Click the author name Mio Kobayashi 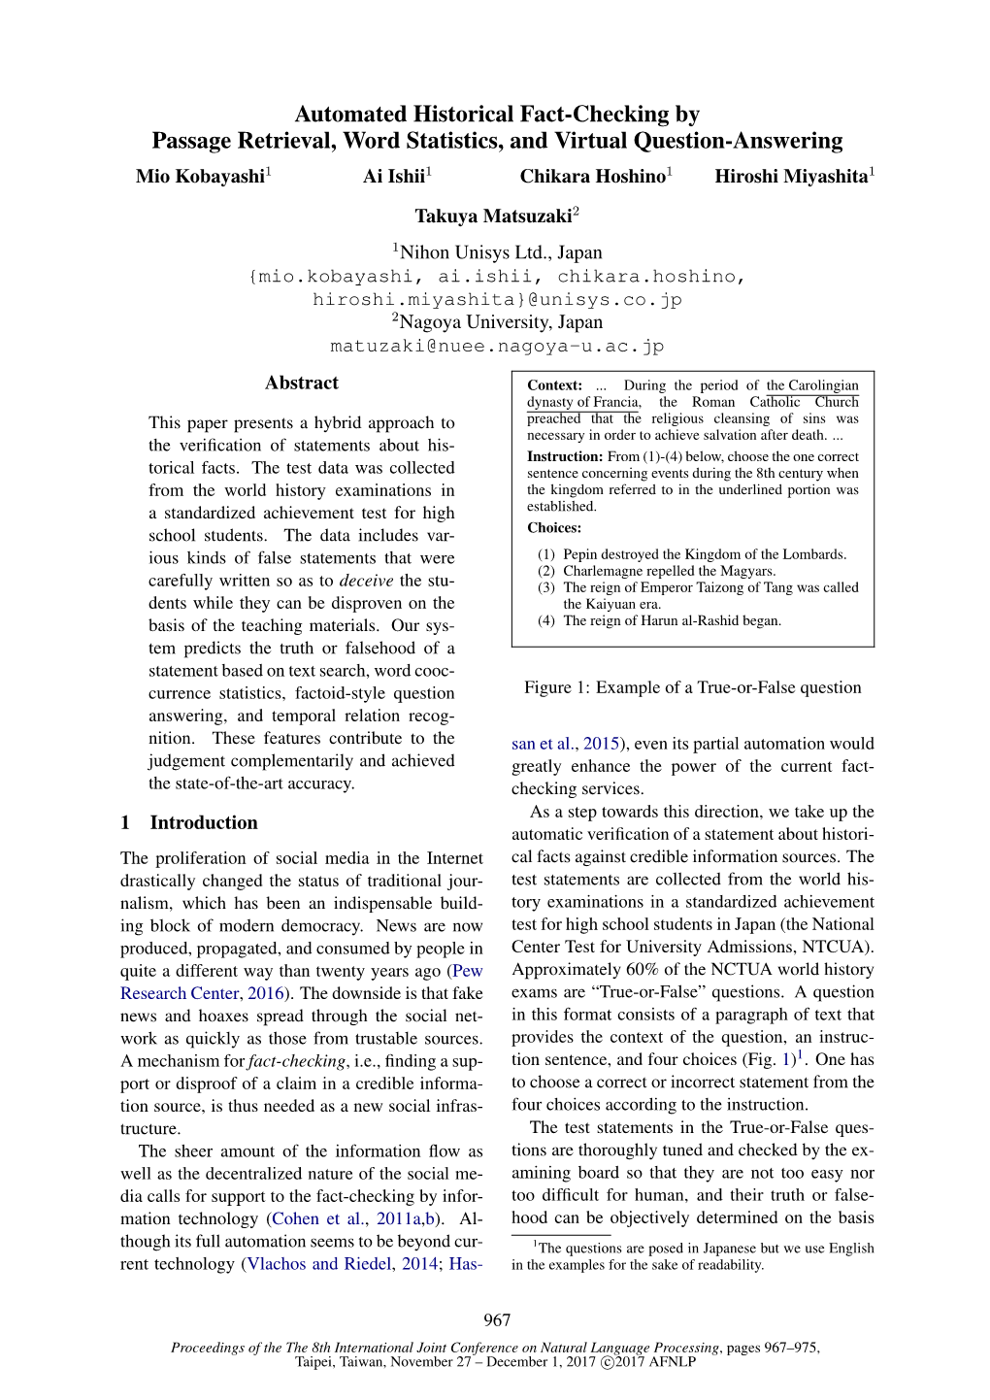click(x=201, y=177)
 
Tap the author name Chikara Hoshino click(x=593, y=177)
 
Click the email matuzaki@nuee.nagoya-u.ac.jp click(x=497, y=347)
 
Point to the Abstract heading click(x=302, y=383)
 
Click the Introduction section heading click(x=203, y=823)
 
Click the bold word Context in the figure click(x=554, y=385)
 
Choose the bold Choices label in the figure click(x=554, y=528)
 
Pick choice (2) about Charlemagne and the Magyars click(x=669, y=572)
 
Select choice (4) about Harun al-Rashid click(x=672, y=621)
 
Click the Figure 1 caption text click(x=692, y=688)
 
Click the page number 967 click(x=497, y=1320)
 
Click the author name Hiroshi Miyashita click(x=791, y=177)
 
